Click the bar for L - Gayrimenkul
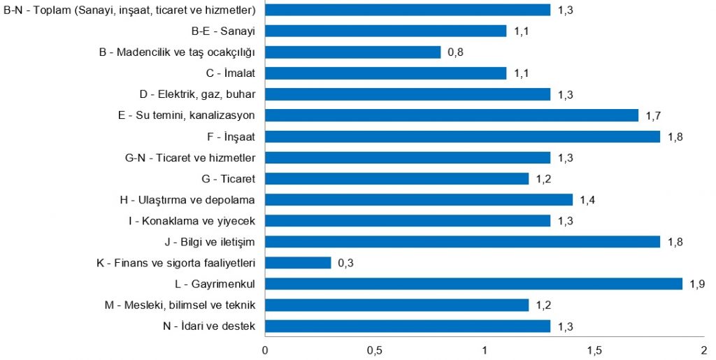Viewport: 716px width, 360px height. [473, 284]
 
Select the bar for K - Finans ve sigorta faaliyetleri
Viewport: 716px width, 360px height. [298, 263]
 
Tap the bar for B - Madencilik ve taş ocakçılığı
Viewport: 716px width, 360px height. [353, 52]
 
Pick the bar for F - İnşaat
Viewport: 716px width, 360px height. [462, 136]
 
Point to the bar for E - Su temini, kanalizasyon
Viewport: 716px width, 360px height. [452, 115]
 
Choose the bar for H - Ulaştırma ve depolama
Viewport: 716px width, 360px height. [419, 200]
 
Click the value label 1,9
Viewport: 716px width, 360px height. [697, 284]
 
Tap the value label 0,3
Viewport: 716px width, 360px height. [345, 263]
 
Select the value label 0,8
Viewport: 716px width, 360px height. [456, 52]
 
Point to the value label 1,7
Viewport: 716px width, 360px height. [654, 115]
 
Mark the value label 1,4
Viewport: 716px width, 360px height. [587, 200]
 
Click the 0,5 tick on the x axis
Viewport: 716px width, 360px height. [375, 348]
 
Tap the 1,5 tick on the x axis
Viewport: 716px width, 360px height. [594, 348]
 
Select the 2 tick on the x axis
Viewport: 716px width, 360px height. [704, 348]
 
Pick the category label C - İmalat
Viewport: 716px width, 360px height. [230, 73]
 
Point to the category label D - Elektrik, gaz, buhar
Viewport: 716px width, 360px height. [197, 94]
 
